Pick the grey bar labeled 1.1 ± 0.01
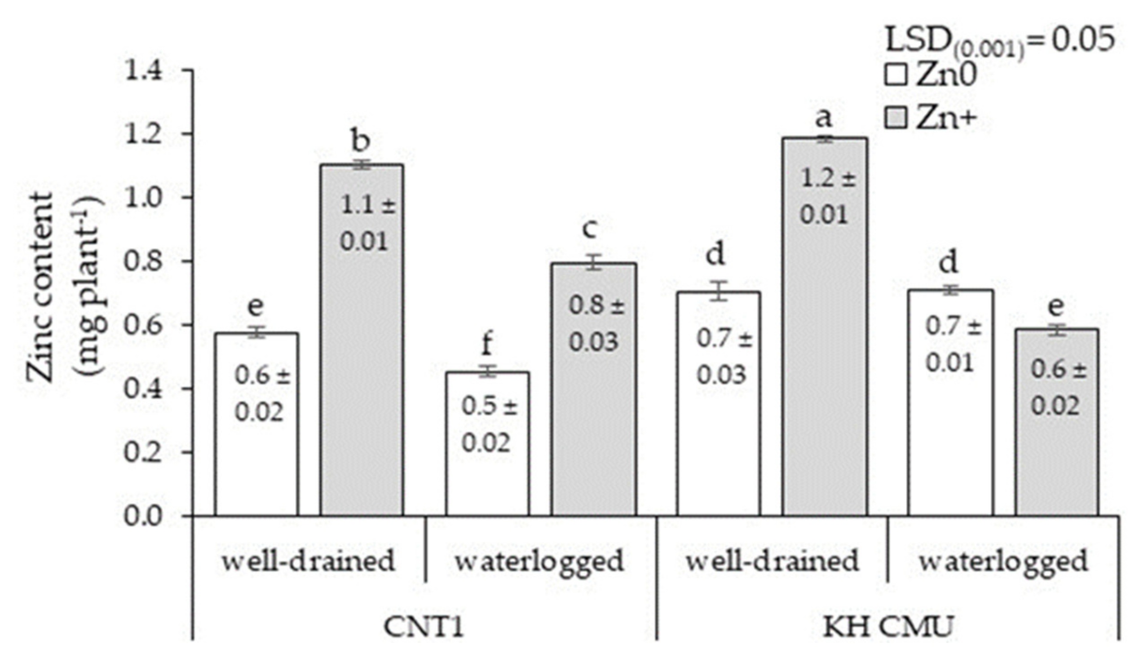[362, 342]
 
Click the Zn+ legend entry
[929, 119]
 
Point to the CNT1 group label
[424, 627]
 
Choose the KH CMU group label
[888, 627]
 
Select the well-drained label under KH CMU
[773, 561]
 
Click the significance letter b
[361, 141]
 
